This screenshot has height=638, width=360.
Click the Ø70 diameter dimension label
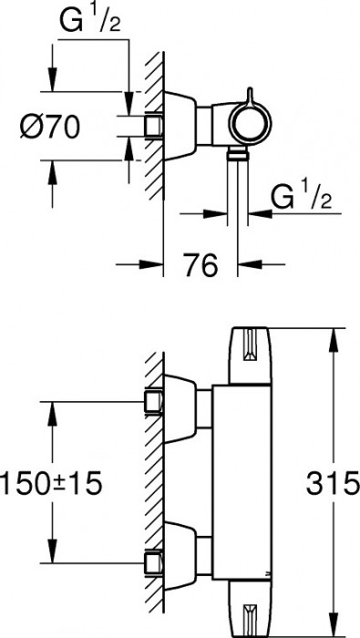coord(49,127)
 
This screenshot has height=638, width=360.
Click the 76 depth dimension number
coord(201,265)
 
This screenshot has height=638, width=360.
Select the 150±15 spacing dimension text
coord(50,483)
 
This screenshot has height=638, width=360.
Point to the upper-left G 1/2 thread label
coord(91,20)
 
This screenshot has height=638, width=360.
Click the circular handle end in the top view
coord(250,122)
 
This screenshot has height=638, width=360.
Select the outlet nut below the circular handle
coord(238,152)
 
